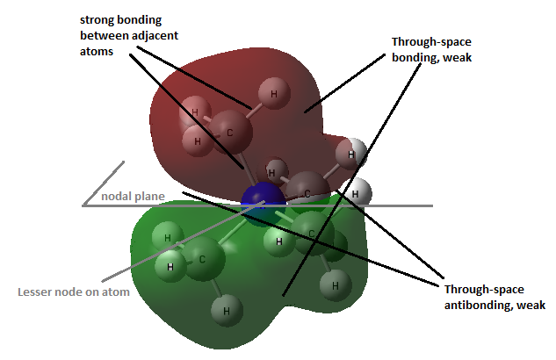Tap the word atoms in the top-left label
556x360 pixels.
click(97, 52)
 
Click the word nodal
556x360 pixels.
click(114, 196)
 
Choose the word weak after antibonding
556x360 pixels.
click(531, 305)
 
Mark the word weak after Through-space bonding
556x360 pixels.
click(457, 57)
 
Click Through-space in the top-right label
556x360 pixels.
click(431, 42)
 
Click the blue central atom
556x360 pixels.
click(264, 200)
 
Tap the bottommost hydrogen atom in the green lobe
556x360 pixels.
click(227, 311)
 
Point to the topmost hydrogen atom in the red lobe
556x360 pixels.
click(274, 94)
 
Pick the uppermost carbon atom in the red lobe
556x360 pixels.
click(230, 132)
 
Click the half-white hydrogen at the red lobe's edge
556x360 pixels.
click(350, 155)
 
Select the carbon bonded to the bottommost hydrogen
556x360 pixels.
click(203, 259)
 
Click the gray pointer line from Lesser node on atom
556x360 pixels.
click(184, 241)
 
